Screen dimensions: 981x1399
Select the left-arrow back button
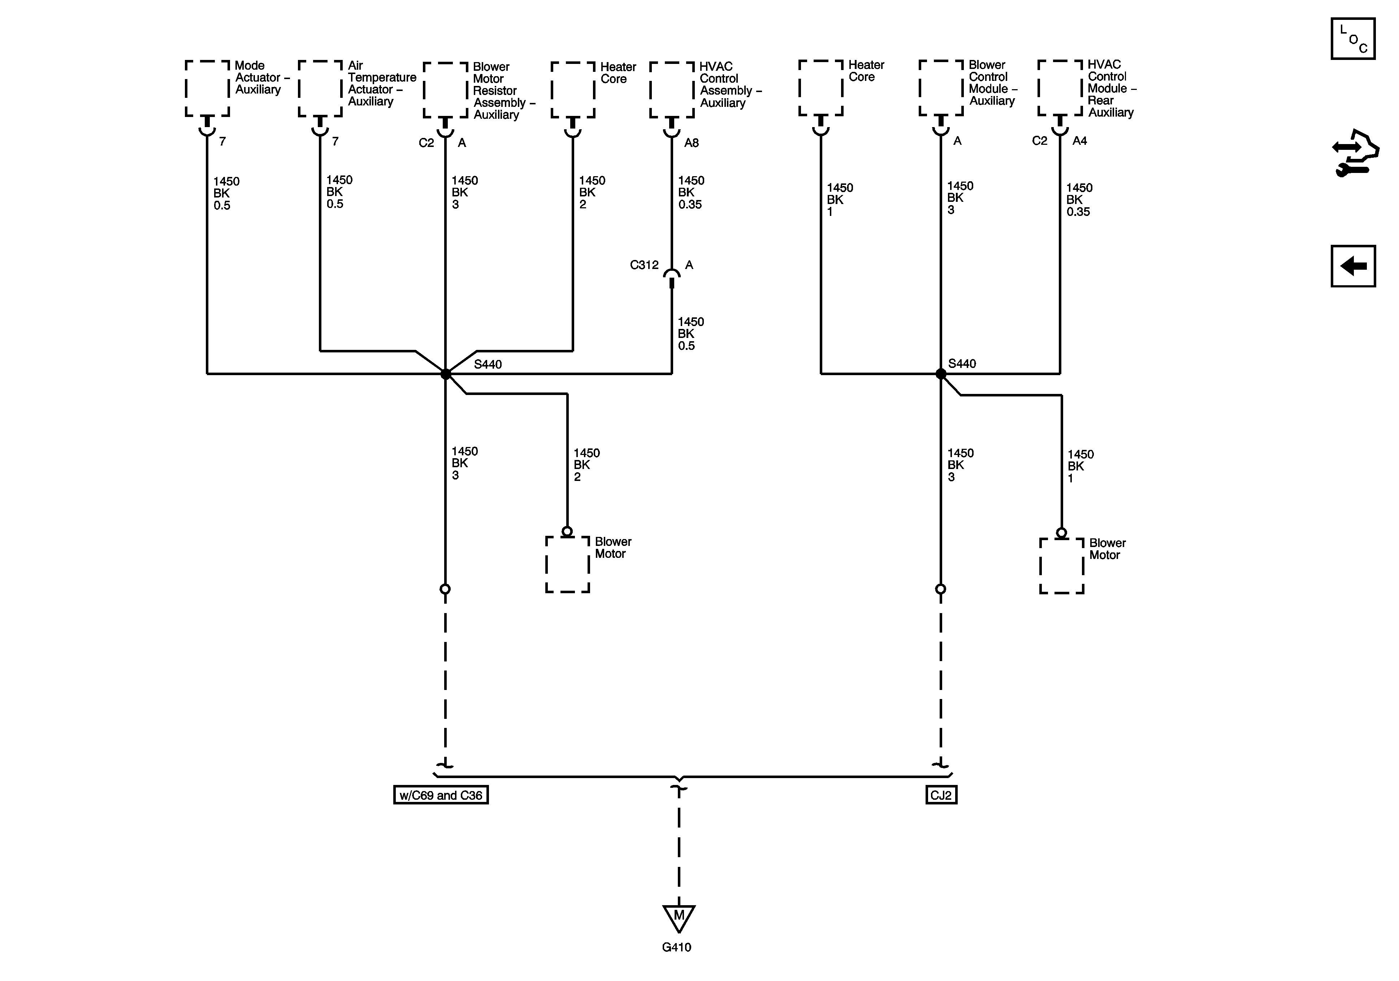(x=1353, y=266)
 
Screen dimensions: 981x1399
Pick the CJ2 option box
(x=941, y=795)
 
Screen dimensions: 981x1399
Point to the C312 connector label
(x=644, y=265)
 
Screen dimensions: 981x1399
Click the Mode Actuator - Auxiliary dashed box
(x=207, y=88)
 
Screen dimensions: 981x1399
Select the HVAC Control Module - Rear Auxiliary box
(x=1060, y=88)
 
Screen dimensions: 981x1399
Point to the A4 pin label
(x=1079, y=141)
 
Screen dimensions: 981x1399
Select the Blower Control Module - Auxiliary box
(x=941, y=88)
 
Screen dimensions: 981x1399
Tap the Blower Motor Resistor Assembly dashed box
(x=445, y=90)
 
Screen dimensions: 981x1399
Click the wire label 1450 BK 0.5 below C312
(x=690, y=333)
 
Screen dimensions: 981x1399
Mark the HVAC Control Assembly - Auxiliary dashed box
(x=671, y=90)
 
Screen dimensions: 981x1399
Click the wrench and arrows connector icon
(x=1354, y=152)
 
